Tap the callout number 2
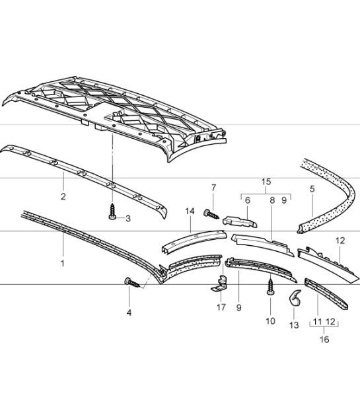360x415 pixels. click(63, 196)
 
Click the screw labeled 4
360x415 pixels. click(133, 283)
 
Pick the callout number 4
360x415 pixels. click(129, 312)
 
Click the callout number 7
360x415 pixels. click(213, 188)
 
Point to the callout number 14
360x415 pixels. click(189, 211)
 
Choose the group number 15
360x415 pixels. click(266, 180)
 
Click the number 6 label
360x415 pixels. click(248, 200)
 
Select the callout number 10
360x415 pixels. click(270, 321)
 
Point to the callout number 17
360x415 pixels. click(221, 307)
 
